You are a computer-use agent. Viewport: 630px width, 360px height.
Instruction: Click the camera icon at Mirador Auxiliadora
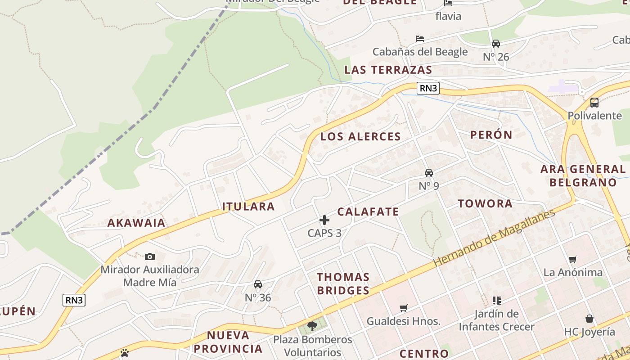click(x=150, y=256)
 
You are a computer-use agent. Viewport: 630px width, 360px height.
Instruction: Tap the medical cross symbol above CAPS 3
click(x=324, y=220)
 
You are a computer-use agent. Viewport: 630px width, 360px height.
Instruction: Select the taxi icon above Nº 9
click(x=429, y=173)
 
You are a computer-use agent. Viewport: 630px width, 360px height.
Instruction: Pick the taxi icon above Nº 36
click(x=258, y=284)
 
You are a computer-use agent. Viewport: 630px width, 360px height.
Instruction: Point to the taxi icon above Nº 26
click(x=496, y=44)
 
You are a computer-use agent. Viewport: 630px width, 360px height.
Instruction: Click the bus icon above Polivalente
click(x=594, y=102)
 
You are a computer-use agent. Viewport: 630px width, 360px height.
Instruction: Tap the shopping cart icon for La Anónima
click(x=573, y=259)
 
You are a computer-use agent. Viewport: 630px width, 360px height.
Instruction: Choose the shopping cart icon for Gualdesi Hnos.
click(x=404, y=308)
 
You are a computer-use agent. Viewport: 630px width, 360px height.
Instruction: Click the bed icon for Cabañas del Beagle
click(x=420, y=39)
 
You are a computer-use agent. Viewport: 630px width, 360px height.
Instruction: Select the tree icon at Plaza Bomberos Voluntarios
click(x=312, y=326)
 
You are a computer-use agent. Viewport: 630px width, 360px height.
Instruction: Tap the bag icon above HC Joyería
click(x=589, y=319)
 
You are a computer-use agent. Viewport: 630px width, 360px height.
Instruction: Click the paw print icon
click(x=125, y=353)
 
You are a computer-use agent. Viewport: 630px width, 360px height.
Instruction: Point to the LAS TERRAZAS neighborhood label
click(x=388, y=70)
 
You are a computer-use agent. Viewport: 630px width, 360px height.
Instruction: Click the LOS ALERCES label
click(x=360, y=137)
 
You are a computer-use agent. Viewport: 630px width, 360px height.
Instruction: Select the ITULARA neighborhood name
click(x=248, y=207)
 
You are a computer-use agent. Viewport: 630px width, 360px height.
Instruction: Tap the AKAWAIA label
click(x=136, y=223)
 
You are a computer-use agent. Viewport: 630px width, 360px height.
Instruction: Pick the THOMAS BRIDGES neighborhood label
click(x=343, y=283)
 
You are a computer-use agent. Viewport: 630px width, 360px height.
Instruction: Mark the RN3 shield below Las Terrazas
click(x=427, y=88)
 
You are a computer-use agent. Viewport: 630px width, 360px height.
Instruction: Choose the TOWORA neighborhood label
click(x=485, y=203)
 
